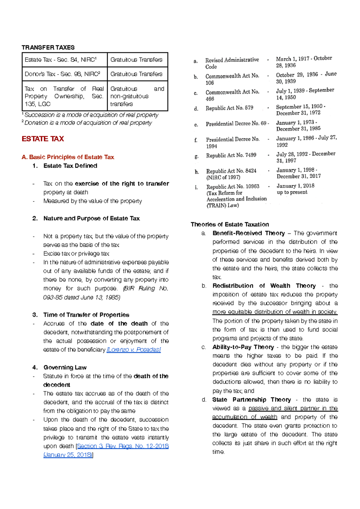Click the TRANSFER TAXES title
[48, 47]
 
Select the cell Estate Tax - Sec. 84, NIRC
[61, 60]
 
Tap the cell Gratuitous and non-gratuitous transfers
[137, 96]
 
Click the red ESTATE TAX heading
[43, 139]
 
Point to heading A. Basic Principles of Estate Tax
[68, 157]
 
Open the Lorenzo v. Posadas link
[134, 350]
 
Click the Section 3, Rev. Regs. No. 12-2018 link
[123, 446]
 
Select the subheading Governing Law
[65, 367]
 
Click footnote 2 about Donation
[88, 123]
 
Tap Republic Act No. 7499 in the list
[231, 155]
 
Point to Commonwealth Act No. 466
[232, 95]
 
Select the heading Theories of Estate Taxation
[230, 224]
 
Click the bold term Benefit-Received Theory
[248, 233]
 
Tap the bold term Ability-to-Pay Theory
[243, 347]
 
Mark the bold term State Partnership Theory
[251, 400]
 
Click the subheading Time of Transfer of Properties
[86, 315]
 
